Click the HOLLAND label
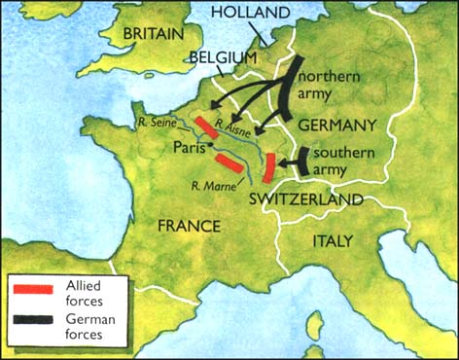(250, 13)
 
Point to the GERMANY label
(337, 126)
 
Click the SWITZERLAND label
(306, 198)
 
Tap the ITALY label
(333, 240)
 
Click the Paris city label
(193, 149)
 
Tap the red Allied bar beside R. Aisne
(207, 127)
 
